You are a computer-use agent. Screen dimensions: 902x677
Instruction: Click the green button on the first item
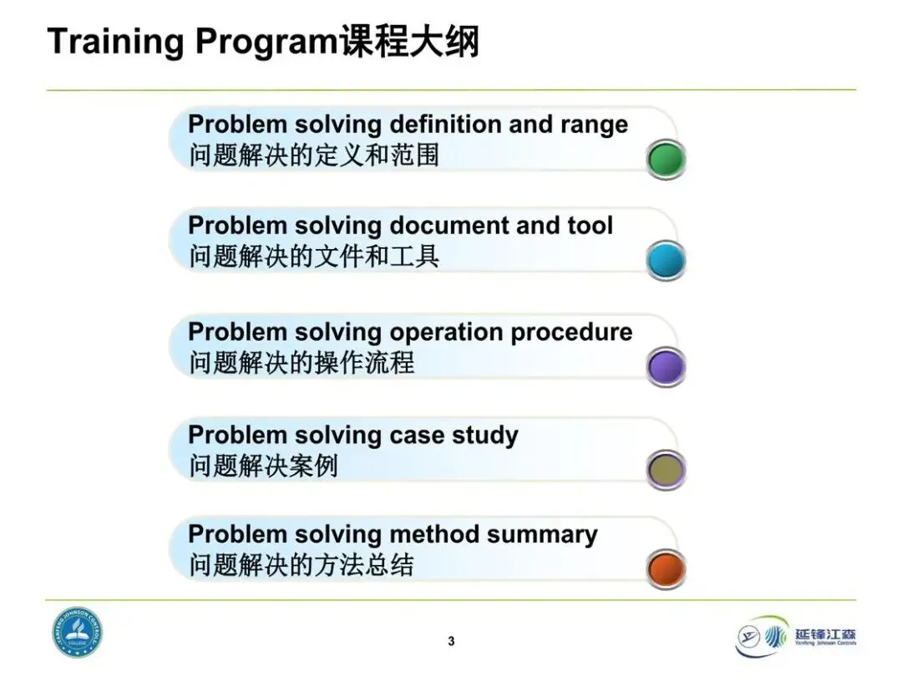click(666, 160)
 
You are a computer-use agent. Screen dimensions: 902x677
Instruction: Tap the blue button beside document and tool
click(666, 261)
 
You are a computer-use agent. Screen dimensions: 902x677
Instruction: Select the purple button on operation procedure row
click(666, 367)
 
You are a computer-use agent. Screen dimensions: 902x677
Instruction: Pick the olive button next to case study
click(666, 470)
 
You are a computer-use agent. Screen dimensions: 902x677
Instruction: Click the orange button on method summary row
click(666, 569)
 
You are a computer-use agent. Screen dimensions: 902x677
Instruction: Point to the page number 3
click(451, 641)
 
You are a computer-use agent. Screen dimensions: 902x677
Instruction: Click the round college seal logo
click(78, 632)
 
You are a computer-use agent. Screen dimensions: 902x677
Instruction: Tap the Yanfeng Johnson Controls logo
click(796, 636)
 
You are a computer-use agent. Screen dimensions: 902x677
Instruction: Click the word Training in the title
click(115, 42)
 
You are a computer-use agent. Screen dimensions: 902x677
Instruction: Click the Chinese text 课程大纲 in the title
click(408, 42)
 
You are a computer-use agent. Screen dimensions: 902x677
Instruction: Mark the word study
click(485, 436)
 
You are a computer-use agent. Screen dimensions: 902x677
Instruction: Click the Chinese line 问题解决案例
click(263, 466)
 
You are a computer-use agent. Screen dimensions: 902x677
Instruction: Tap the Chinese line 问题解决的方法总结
click(302, 565)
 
